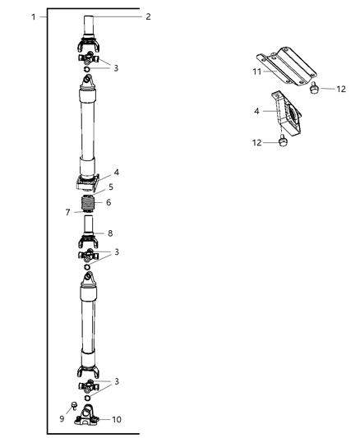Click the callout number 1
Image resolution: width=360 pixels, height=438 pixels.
[x=33, y=16]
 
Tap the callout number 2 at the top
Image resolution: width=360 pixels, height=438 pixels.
[x=148, y=16]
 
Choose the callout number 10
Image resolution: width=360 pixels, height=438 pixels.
[x=118, y=420]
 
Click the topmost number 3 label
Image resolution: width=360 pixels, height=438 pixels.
[x=116, y=67]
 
